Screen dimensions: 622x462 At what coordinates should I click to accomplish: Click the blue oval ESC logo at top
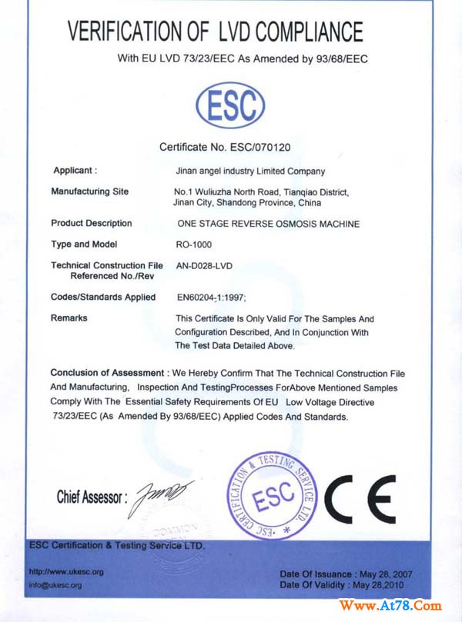click(230, 105)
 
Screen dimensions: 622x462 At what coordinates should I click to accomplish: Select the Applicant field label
click(75, 170)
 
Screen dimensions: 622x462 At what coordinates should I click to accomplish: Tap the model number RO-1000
click(195, 244)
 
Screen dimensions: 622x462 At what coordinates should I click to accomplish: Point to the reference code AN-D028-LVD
click(204, 264)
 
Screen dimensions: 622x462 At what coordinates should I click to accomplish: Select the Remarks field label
click(69, 318)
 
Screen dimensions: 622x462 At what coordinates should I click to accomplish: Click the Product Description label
click(92, 223)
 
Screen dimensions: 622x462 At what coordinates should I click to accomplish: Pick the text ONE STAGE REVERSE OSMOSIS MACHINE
click(268, 224)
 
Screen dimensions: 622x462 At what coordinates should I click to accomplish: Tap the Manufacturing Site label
click(90, 191)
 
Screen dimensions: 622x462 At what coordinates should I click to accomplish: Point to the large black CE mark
click(360, 497)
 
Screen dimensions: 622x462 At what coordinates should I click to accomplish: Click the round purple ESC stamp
click(273, 497)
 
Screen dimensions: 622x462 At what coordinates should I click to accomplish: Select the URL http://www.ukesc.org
click(66, 572)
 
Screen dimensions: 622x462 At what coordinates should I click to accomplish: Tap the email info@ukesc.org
click(55, 585)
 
